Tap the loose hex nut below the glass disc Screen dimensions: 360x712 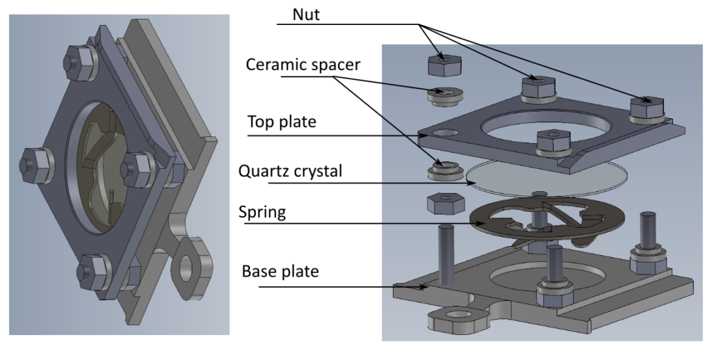tap(443, 204)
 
